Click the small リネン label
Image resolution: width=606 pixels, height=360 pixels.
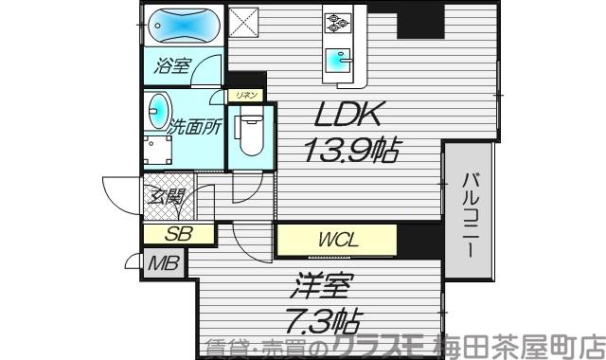(x=243, y=95)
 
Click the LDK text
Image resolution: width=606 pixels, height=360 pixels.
(x=348, y=117)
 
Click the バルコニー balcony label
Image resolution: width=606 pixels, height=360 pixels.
(x=470, y=212)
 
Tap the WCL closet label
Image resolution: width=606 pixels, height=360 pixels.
(x=337, y=240)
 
